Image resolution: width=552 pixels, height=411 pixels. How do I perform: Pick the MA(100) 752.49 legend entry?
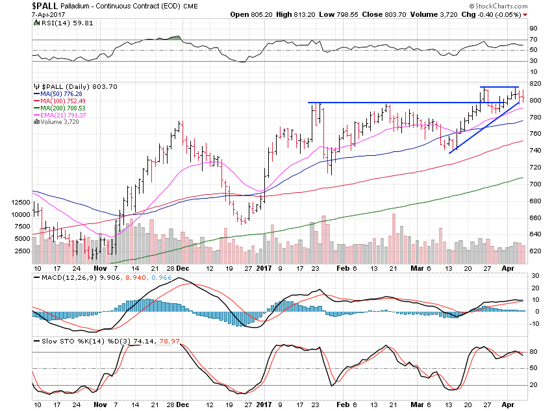point(61,101)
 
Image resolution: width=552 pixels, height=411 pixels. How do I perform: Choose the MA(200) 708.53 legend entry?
point(61,108)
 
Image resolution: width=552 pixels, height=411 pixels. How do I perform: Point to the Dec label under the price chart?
point(182,268)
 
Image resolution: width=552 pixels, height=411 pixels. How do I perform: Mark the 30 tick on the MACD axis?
point(535,276)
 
